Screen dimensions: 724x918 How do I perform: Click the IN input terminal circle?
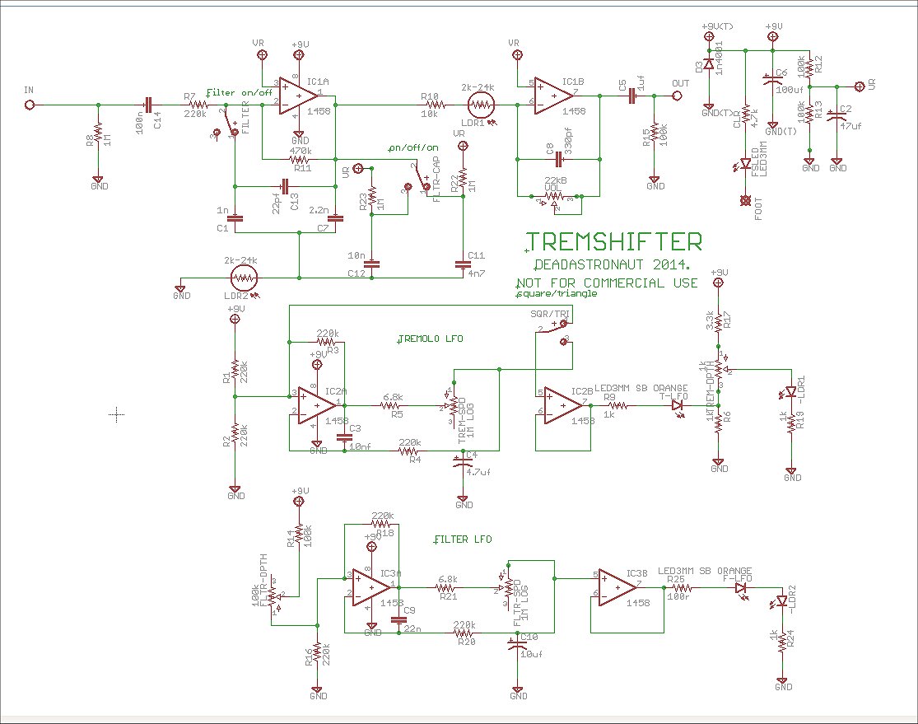click(30, 105)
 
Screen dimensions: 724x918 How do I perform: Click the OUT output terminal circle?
click(678, 96)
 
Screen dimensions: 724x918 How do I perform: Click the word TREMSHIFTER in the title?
click(614, 241)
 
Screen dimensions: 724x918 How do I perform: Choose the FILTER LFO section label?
click(462, 539)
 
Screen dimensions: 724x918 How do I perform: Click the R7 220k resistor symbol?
click(198, 105)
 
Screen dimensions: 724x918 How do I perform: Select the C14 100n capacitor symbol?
click(148, 105)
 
